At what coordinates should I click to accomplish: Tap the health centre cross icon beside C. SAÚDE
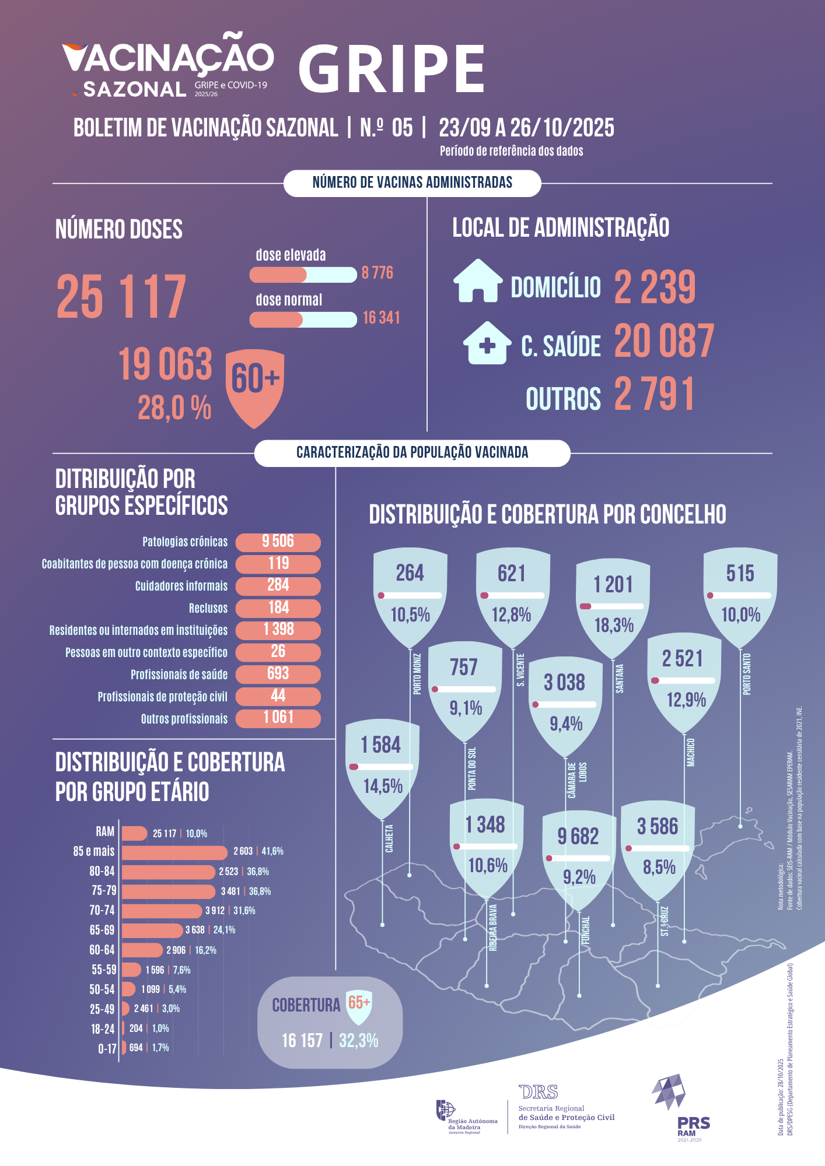click(x=487, y=343)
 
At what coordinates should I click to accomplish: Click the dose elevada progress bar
click(x=303, y=274)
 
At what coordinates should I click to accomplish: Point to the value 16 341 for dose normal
click(x=381, y=318)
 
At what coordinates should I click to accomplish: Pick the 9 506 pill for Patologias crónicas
click(x=278, y=542)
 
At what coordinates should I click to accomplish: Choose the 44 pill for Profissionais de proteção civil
click(x=278, y=696)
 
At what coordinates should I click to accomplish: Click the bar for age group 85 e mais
click(x=174, y=852)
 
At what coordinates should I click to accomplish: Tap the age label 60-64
click(x=102, y=950)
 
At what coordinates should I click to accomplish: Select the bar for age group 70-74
click(x=162, y=911)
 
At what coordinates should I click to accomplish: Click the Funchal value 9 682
click(x=578, y=837)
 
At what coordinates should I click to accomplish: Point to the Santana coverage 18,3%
click(x=614, y=626)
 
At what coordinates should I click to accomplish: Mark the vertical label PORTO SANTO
click(x=747, y=674)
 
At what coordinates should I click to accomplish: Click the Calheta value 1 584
click(x=380, y=745)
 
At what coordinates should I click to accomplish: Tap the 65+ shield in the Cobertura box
click(x=359, y=1005)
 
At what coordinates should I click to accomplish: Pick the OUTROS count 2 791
click(x=654, y=395)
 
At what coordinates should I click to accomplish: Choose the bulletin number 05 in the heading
click(x=402, y=128)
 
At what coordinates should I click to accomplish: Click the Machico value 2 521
click(x=682, y=659)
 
